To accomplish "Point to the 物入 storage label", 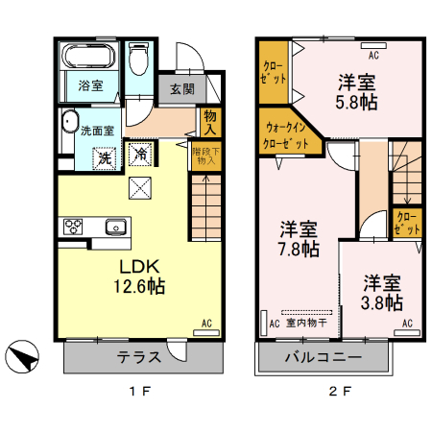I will pyautogui.click(x=212, y=122).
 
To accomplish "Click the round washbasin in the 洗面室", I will pyautogui.click(x=68, y=122).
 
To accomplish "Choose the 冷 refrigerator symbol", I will pyautogui.click(x=140, y=153).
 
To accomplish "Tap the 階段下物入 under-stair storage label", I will pyautogui.click(x=205, y=156).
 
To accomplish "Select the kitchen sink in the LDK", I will pyautogui.click(x=115, y=228).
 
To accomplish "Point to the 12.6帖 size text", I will pyautogui.click(x=137, y=285).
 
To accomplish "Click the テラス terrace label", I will pyautogui.click(x=138, y=357).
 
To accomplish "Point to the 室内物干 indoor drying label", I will pyautogui.click(x=305, y=324).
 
